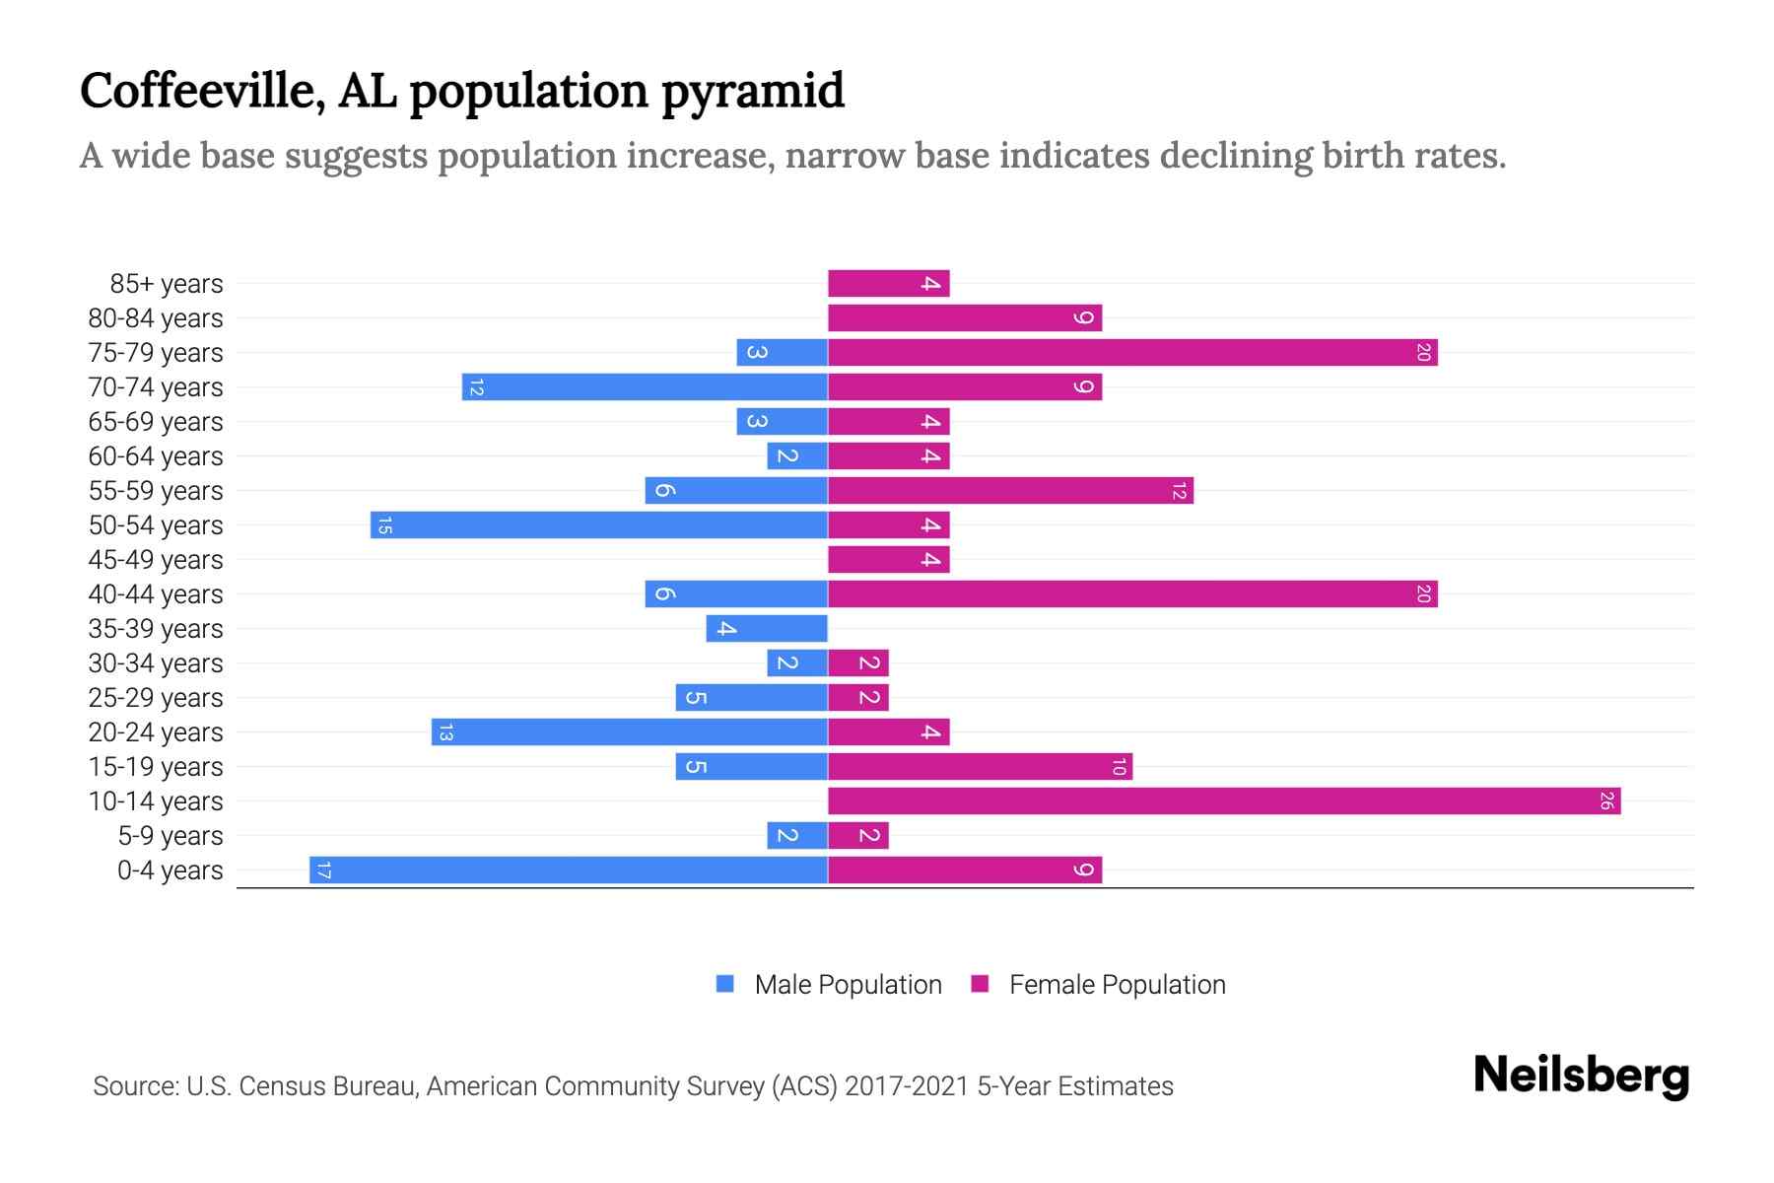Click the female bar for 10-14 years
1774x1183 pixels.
click(x=1224, y=801)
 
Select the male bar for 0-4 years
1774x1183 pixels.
click(x=569, y=870)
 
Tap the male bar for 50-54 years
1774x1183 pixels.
click(x=599, y=525)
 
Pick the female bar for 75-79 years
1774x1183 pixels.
click(x=1132, y=353)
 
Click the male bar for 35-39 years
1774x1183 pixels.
click(x=767, y=629)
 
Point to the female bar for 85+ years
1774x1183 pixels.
click(x=888, y=284)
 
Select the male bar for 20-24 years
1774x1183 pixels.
click(x=630, y=732)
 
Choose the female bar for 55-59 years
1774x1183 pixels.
click(x=1010, y=491)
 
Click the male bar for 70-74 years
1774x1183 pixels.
click(x=645, y=387)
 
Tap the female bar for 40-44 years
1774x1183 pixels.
click(x=1132, y=594)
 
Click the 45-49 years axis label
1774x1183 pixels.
click(x=156, y=560)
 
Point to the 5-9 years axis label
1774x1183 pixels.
click(x=171, y=836)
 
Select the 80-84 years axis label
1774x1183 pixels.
click(x=156, y=318)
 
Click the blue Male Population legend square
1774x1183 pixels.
click(x=725, y=984)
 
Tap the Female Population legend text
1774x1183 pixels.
click(x=1117, y=985)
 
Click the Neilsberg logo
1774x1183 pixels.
click(x=1581, y=1076)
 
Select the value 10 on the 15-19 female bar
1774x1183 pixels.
click(x=1119, y=767)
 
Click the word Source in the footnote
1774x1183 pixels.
click(x=135, y=1086)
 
